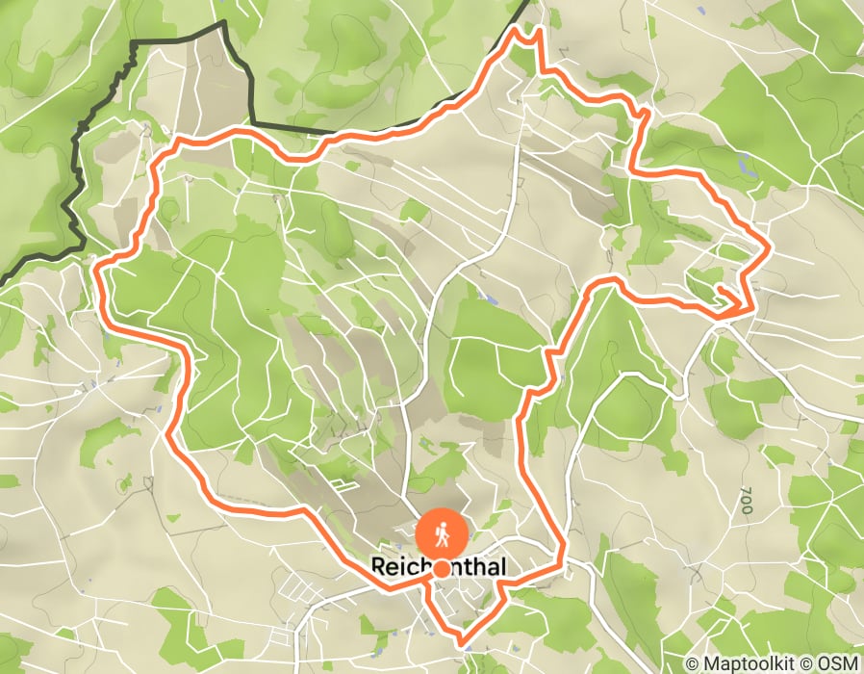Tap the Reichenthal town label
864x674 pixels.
[438, 567]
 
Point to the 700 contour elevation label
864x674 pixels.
[747, 501]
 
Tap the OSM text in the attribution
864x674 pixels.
[839, 663]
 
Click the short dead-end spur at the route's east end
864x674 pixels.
[724, 291]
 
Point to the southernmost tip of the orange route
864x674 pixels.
[461, 640]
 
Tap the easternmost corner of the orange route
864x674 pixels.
[769, 249]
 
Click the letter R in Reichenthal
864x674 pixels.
[378, 567]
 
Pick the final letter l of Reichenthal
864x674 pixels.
[501, 567]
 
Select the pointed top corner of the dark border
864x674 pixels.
[224, 21]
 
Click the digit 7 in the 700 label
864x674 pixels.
[747, 492]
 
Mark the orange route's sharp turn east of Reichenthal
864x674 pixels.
[562, 559]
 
